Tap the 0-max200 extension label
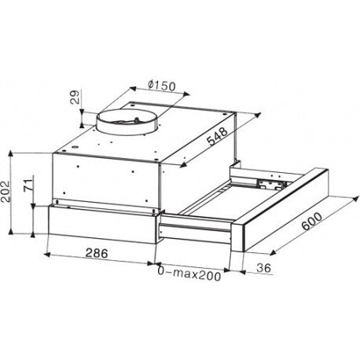click(189, 274)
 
